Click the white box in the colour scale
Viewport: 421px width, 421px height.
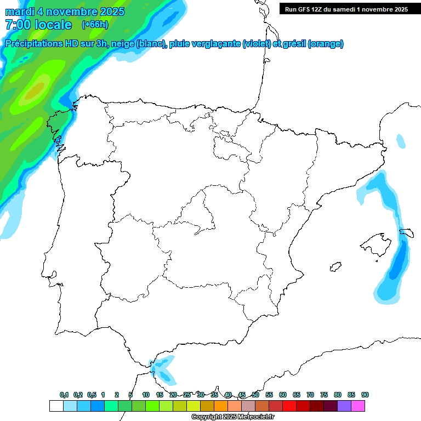point(56,406)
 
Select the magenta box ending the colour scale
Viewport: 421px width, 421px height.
point(358,406)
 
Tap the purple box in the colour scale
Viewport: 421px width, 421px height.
point(344,406)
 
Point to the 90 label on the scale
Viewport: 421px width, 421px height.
point(365,395)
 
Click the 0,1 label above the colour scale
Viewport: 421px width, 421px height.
point(64,395)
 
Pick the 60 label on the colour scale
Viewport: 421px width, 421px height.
point(283,395)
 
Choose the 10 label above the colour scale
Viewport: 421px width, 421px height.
point(146,395)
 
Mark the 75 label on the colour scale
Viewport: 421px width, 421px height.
point(324,395)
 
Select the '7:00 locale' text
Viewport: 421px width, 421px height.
point(38,25)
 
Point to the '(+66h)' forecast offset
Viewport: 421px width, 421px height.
point(95,25)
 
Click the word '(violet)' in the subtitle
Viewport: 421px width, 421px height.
point(255,44)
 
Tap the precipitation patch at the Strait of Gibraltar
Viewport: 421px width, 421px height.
point(163,368)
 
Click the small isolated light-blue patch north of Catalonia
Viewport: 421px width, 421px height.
point(402,141)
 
